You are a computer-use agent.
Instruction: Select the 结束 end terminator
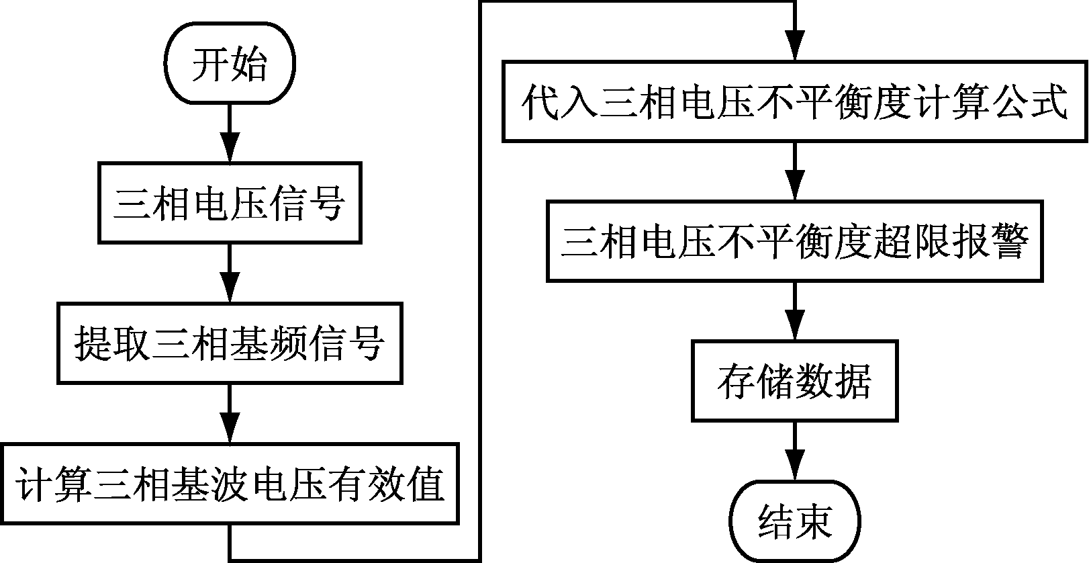pyautogui.click(x=795, y=521)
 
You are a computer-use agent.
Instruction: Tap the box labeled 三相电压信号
pyautogui.click(x=230, y=202)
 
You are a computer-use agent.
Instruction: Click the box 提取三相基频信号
pyautogui.click(x=230, y=343)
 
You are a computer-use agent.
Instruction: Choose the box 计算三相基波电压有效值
pyautogui.click(x=230, y=484)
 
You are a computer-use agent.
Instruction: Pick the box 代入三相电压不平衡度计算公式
pyautogui.click(x=795, y=102)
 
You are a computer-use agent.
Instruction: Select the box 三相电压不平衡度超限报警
pyautogui.click(x=795, y=241)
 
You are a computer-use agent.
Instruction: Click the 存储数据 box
pyautogui.click(x=795, y=382)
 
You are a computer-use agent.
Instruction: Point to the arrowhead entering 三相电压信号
pyautogui.click(x=230, y=151)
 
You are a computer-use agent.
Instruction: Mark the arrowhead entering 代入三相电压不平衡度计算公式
pyautogui.click(x=795, y=51)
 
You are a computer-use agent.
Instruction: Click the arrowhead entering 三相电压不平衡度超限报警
pyautogui.click(x=795, y=189)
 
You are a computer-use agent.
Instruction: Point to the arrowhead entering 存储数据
pyautogui.click(x=795, y=330)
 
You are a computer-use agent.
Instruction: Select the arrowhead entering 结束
pyautogui.click(x=795, y=470)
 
